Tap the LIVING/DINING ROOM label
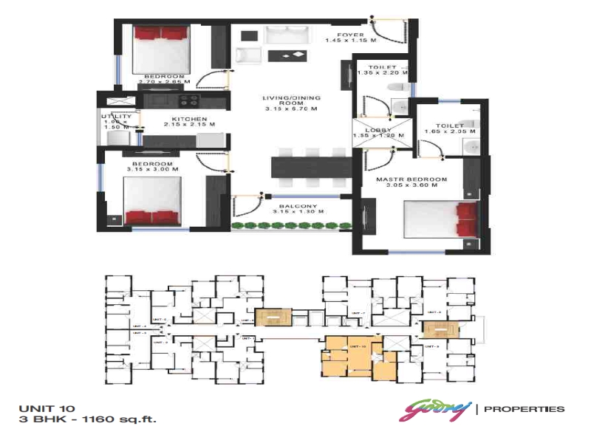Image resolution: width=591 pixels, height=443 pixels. coord(291,103)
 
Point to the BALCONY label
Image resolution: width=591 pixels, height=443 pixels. coord(298,207)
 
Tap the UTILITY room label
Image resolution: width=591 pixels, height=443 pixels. coord(116,117)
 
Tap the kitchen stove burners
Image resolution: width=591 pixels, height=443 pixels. coord(188,101)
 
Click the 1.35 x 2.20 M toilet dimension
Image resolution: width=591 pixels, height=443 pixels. coord(382,73)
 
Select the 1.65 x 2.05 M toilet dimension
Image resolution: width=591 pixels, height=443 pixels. coord(447,132)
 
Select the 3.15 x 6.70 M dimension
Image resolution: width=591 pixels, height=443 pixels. coord(291,109)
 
